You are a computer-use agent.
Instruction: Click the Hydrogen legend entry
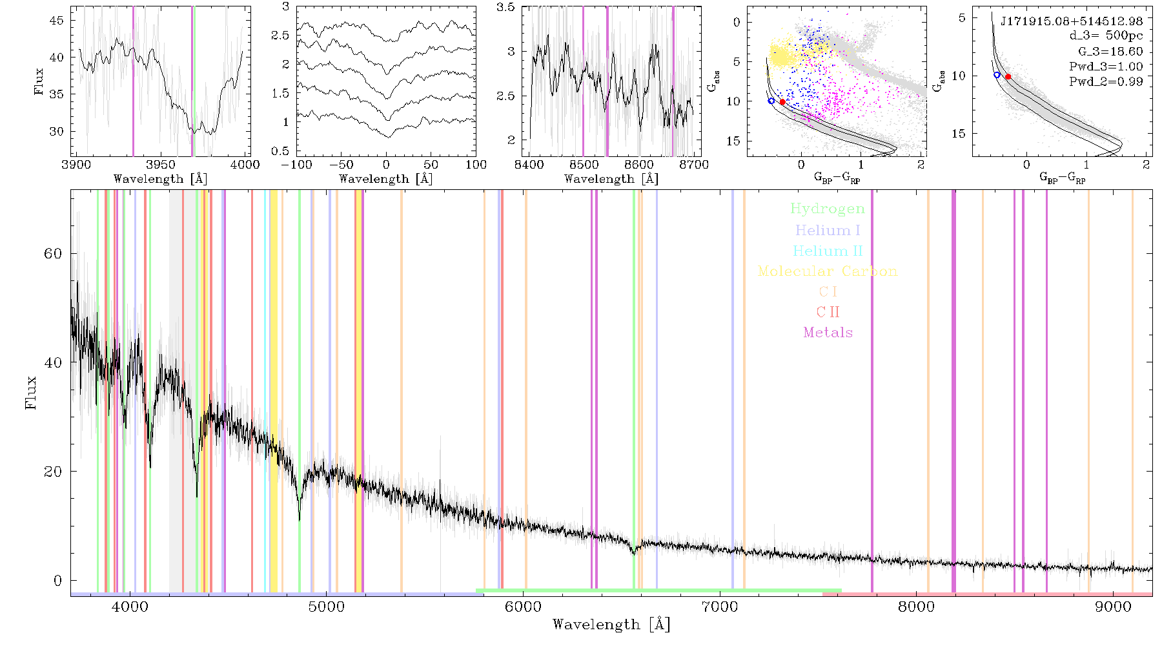point(828,209)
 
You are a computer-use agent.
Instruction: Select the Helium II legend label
point(828,251)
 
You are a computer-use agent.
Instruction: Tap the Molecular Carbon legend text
point(828,271)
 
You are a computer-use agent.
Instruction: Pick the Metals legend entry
point(828,333)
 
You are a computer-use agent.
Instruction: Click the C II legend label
point(828,312)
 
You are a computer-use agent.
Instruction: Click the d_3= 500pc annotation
point(1097,36)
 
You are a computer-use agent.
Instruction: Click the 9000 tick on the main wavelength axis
point(1113,607)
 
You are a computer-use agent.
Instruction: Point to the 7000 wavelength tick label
point(720,607)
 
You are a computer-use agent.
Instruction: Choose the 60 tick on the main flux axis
point(53,254)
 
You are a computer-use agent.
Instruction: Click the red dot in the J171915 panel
point(1008,77)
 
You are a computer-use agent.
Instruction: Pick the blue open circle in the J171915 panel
point(997,75)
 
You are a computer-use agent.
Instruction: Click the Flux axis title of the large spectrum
point(30,392)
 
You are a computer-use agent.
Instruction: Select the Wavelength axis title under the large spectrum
point(611,625)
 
